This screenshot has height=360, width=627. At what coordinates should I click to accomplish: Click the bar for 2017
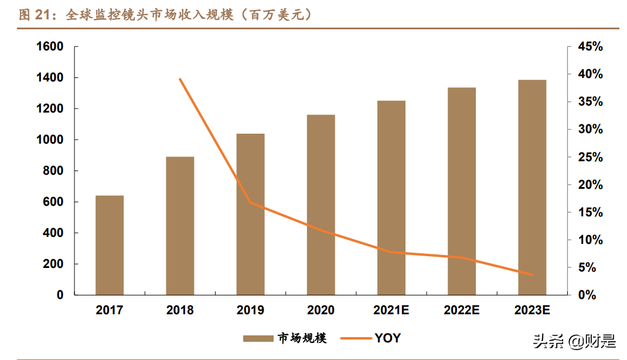tap(110, 245)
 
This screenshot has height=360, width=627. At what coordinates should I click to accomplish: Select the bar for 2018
tap(180, 226)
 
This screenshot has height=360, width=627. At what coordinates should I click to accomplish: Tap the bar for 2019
tap(250, 214)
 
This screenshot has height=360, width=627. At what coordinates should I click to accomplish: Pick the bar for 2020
tap(321, 205)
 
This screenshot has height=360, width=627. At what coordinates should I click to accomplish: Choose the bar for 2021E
tap(391, 198)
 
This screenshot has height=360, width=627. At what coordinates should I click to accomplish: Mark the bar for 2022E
tap(462, 191)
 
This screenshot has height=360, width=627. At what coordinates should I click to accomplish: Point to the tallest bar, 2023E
tap(532, 187)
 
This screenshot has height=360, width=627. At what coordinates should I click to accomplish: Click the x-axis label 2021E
tap(391, 310)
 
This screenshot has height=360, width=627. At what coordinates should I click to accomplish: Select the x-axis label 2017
tap(110, 310)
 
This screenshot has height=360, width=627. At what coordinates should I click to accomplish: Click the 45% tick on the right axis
tap(588, 47)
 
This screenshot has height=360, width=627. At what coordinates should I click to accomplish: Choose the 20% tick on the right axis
tap(588, 185)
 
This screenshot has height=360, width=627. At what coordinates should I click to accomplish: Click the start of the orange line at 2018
tap(180, 79)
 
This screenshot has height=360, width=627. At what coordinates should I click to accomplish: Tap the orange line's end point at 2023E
tap(532, 274)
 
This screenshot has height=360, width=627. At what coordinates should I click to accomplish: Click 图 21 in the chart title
tap(33, 15)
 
